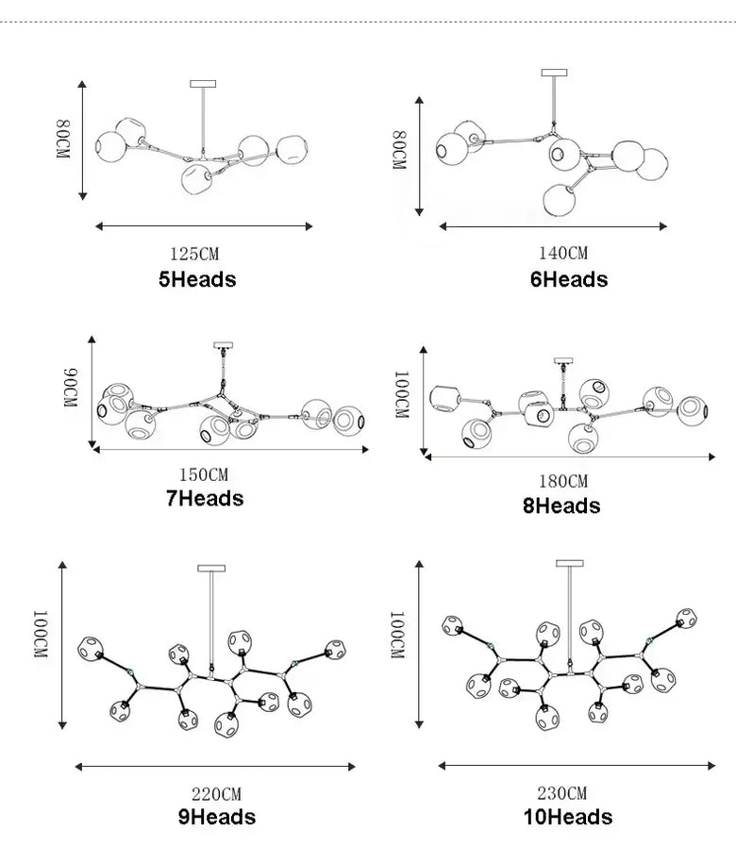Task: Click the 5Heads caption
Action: tap(197, 279)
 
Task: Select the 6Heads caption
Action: tap(569, 279)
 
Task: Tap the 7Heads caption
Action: tap(205, 498)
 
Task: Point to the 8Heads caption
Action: tap(561, 505)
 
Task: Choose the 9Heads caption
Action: tap(217, 817)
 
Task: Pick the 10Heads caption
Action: tap(568, 817)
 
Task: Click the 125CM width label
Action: tap(194, 254)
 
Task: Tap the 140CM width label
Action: tap(563, 253)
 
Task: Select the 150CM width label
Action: tap(204, 474)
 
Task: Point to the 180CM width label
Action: tap(563, 481)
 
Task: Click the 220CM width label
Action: tap(216, 794)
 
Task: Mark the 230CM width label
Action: tap(561, 793)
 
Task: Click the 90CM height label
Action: tap(71, 388)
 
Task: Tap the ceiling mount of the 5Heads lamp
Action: tap(203, 84)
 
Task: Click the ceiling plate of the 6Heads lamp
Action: tap(554, 73)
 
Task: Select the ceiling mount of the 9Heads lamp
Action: tap(211, 568)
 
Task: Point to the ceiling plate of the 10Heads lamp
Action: tap(570, 563)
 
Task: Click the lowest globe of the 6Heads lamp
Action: tap(560, 199)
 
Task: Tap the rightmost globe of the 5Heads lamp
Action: tap(292, 149)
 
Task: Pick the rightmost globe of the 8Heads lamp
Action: tap(693, 410)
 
